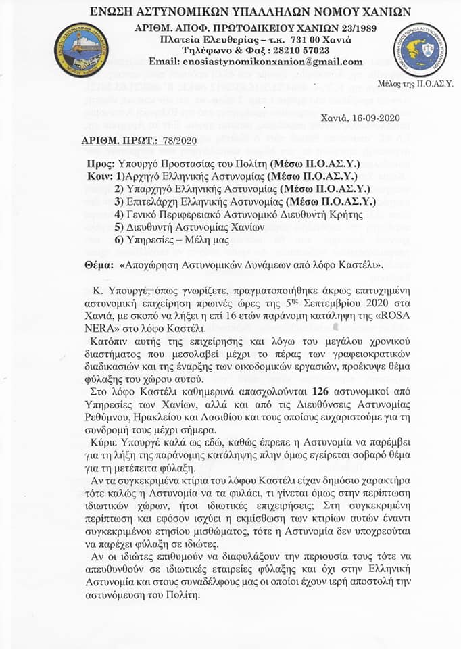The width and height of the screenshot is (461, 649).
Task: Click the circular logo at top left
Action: pyautogui.click(x=80, y=49)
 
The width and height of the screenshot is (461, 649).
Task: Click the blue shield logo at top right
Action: pyautogui.click(x=420, y=49)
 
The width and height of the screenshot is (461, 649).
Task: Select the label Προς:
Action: pyautogui.click(x=101, y=164)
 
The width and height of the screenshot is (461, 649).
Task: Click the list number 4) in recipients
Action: pyautogui.click(x=119, y=214)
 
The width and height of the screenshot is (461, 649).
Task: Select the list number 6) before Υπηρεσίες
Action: pyautogui.click(x=119, y=240)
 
